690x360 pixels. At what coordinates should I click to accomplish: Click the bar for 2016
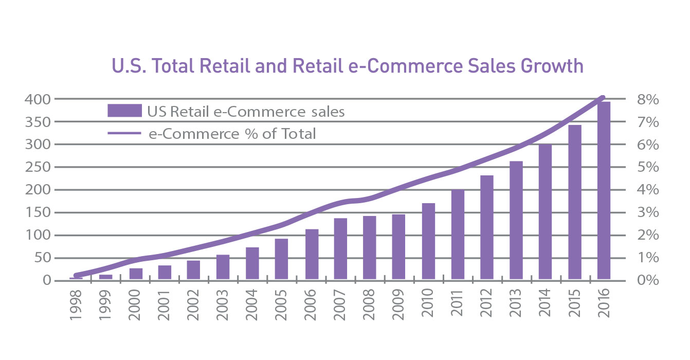604,191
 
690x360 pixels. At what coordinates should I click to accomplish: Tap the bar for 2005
281,260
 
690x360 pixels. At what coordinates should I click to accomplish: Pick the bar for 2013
516,221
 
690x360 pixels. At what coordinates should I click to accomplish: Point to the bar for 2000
136,274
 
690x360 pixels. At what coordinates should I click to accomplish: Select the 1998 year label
76,307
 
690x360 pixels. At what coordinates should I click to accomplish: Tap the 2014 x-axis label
545,307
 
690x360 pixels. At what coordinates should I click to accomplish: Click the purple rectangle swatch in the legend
124,111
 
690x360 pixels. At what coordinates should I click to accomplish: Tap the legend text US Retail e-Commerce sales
245,111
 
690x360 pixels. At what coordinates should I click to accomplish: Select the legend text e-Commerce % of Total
232,134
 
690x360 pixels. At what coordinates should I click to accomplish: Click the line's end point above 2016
603,97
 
